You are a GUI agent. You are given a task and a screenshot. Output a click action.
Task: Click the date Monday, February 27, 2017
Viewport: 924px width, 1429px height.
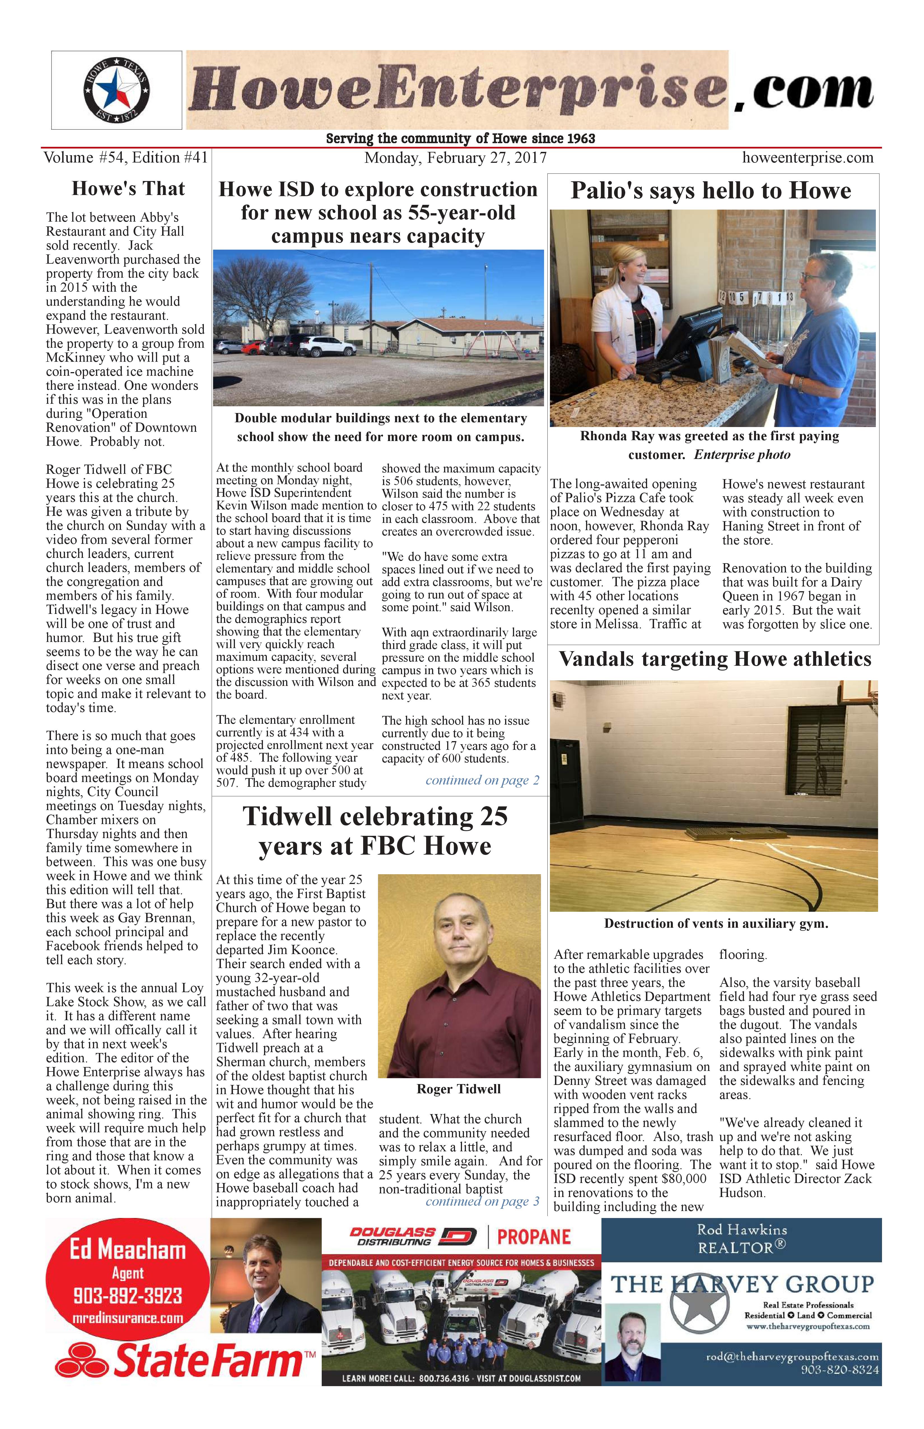click(455, 158)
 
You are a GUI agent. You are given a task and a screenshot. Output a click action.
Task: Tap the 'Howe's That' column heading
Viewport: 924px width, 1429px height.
click(129, 189)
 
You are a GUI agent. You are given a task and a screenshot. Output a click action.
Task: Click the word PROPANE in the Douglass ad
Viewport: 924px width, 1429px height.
click(533, 1237)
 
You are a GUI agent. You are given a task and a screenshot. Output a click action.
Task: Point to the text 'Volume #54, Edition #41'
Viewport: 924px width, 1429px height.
click(125, 158)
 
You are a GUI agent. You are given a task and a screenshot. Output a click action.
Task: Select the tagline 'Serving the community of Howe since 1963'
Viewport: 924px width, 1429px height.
click(460, 139)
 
